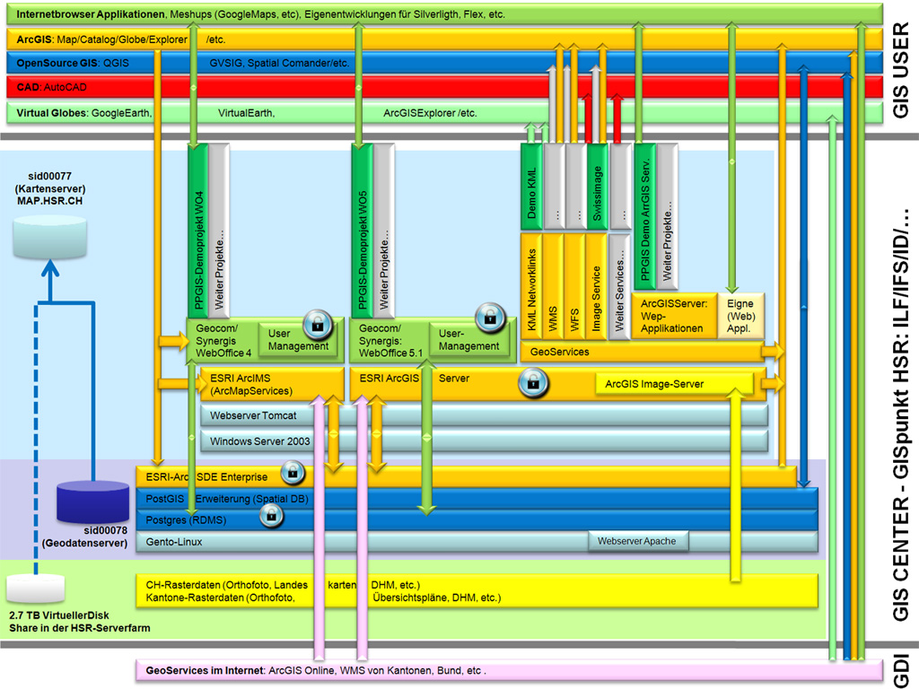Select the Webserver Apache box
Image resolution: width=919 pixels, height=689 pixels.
[x=637, y=541]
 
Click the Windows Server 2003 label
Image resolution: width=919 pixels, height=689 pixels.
[x=260, y=440]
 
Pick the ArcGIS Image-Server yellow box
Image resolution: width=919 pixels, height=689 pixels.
[x=673, y=384]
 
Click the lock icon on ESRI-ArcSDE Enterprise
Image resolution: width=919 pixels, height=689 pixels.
[x=291, y=471]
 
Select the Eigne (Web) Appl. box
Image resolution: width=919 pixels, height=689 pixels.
[x=740, y=316]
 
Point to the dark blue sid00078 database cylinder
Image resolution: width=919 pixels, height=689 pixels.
[x=93, y=502]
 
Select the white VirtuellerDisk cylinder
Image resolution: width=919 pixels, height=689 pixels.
[x=35, y=589]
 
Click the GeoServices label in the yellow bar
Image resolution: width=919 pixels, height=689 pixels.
[x=560, y=352]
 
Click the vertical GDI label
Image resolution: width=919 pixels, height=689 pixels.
[x=900, y=668]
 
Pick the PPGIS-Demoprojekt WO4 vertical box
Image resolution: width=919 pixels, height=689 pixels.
[x=197, y=233]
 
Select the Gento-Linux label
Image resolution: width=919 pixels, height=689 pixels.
[x=174, y=542]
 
